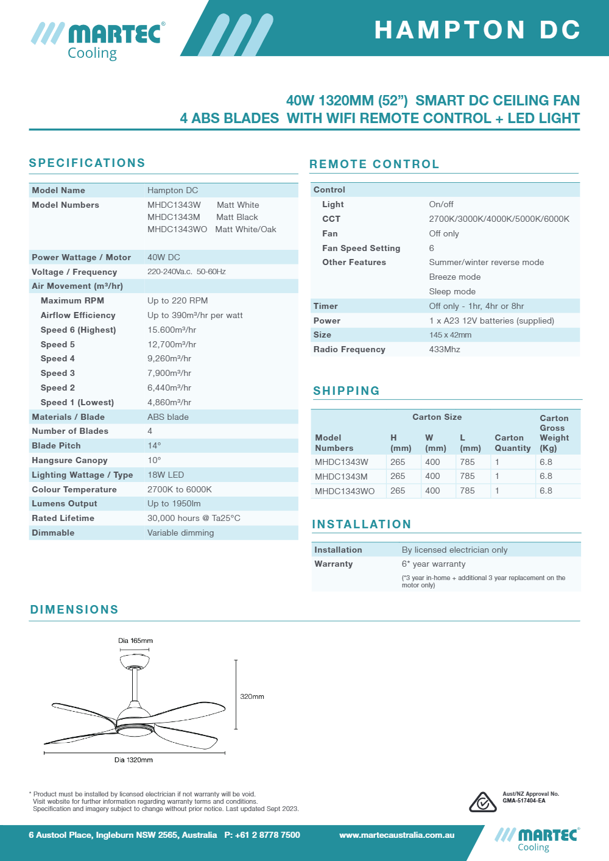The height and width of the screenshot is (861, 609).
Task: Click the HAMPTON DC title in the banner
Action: click(x=477, y=30)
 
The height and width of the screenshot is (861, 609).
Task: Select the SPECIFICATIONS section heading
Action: click(x=87, y=163)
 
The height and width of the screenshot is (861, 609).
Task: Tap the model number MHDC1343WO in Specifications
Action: click(x=177, y=229)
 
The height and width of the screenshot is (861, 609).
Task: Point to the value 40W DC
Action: click(x=164, y=257)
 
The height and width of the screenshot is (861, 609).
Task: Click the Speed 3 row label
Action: click(x=58, y=373)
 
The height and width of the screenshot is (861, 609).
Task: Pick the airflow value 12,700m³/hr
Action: click(x=172, y=344)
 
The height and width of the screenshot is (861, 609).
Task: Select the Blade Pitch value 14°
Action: click(x=154, y=445)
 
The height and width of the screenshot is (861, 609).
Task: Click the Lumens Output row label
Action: click(x=65, y=503)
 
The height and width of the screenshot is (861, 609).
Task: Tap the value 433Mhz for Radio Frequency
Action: click(x=445, y=349)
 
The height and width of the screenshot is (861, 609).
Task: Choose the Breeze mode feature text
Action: click(x=455, y=277)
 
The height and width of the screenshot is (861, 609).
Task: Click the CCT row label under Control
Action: click(x=331, y=219)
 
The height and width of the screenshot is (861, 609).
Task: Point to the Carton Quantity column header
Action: click(x=512, y=443)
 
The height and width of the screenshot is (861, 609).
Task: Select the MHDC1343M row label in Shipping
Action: click(x=341, y=477)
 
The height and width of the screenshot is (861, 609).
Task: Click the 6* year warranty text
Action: click(x=434, y=564)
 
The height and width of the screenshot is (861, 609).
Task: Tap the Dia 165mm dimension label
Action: click(x=135, y=640)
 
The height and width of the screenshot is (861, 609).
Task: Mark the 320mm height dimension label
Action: click(x=252, y=696)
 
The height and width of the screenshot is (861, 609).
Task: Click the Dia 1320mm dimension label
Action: click(x=133, y=760)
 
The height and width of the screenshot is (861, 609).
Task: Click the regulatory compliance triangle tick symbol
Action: click(x=482, y=802)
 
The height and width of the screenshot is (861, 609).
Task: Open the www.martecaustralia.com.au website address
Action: click(x=397, y=835)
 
